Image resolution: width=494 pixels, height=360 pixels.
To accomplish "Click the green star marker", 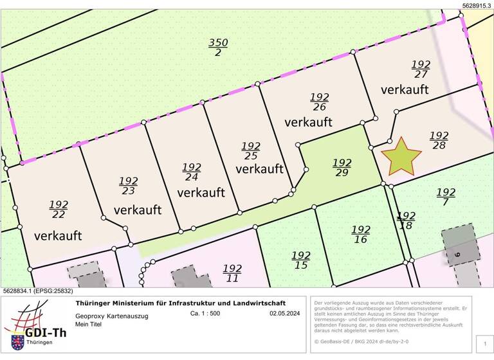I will pyautogui.click(x=401, y=156).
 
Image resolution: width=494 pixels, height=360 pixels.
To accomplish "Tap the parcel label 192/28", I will pyautogui.click(x=439, y=140).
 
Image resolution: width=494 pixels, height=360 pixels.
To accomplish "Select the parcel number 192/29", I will pyautogui.click(x=342, y=167).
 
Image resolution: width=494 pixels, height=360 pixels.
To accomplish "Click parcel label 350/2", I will pyautogui.click(x=218, y=47).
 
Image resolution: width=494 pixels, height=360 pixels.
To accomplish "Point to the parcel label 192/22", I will pyautogui.click(x=59, y=210).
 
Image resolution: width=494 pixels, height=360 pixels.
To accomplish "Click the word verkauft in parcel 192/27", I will pyautogui.click(x=405, y=89).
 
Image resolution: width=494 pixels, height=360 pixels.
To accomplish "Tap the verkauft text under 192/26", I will pyautogui.click(x=308, y=122).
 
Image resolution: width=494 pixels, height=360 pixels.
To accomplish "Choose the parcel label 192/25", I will pyautogui.click(x=251, y=151).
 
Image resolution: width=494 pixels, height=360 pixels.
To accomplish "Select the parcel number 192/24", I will pyautogui.click(x=192, y=172).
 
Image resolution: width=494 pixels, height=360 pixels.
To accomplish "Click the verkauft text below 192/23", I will pyautogui.click(x=138, y=210).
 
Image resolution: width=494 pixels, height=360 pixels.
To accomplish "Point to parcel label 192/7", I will pyautogui.click(x=446, y=197).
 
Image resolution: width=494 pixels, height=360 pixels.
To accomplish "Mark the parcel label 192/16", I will pyautogui.click(x=361, y=235).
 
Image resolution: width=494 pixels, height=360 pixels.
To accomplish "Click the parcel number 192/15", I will pyautogui.click(x=301, y=260).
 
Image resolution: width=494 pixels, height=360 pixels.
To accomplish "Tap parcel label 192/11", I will pyautogui.click(x=232, y=273).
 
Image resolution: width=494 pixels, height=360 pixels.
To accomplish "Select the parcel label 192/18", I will pyautogui.click(x=406, y=221).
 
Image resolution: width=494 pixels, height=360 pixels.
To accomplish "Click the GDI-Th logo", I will pyautogui.click(x=35, y=325).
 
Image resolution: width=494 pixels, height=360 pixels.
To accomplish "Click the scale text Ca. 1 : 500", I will pyautogui.click(x=205, y=314).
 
